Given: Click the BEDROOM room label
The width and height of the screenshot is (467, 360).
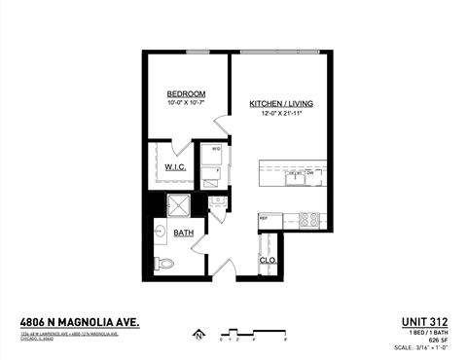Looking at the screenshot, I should pos(185,95).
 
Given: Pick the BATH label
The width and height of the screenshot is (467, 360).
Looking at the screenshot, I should pos(183,234).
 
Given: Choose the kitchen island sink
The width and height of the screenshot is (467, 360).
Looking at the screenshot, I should pos(294,177).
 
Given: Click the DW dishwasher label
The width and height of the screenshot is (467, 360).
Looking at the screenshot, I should pos(312,172).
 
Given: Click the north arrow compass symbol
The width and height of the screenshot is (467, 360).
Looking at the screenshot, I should pos(198,336).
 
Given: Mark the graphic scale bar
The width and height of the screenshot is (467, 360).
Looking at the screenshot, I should pos(254,334).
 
